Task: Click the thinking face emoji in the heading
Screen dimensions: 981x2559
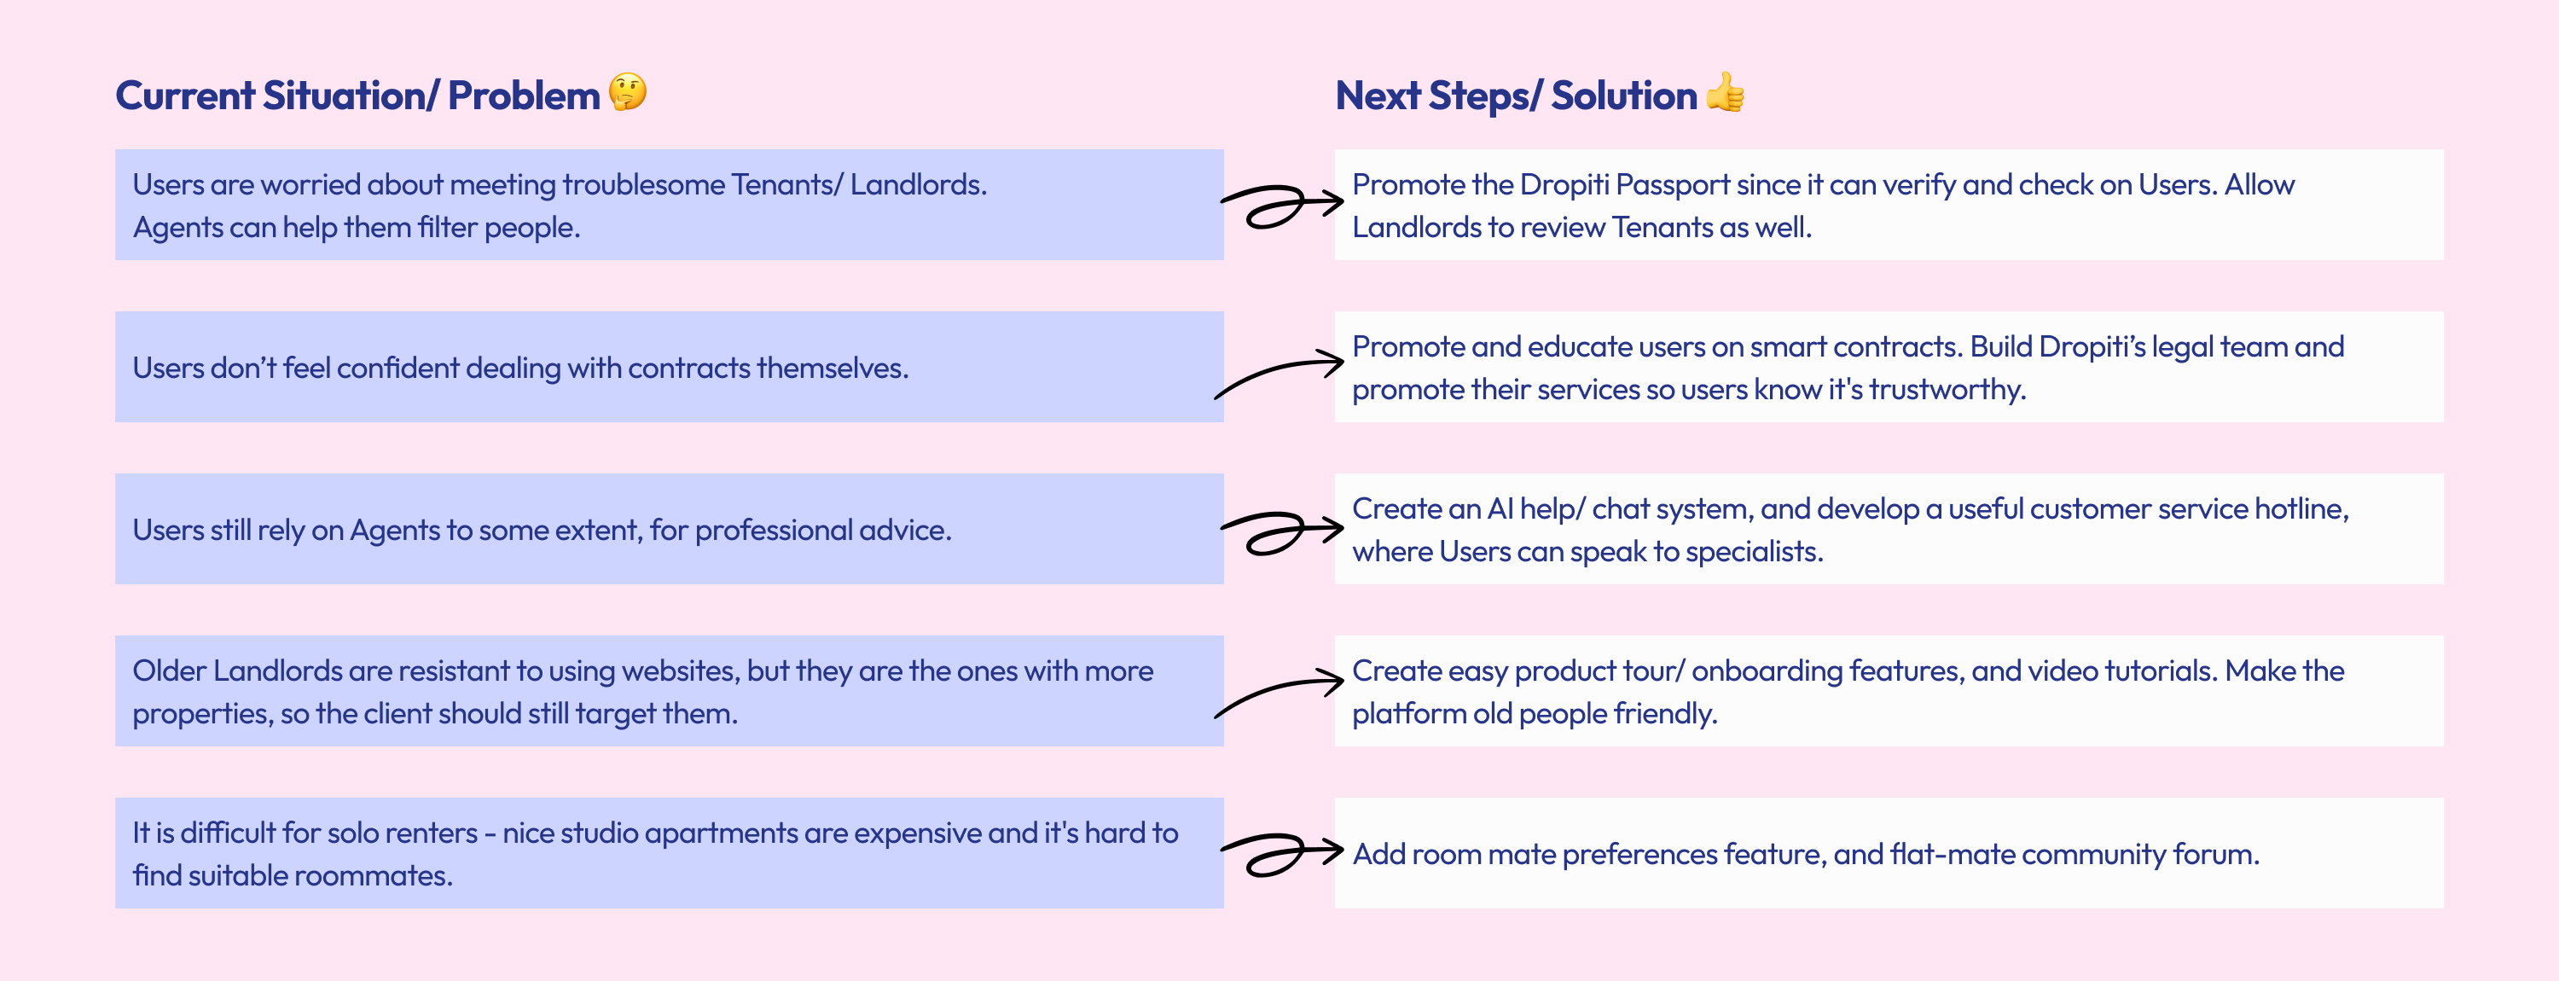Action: pyautogui.click(x=627, y=92)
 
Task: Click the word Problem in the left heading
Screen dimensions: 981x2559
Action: pyautogui.click(x=523, y=96)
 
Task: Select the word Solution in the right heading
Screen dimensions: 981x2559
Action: pyautogui.click(x=1623, y=96)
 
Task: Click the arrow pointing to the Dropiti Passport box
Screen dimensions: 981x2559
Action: pyautogui.click(x=1280, y=206)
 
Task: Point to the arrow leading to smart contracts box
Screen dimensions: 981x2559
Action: pyautogui.click(x=1280, y=374)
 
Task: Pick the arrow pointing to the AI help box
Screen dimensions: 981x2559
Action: pyautogui.click(x=1280, y=531)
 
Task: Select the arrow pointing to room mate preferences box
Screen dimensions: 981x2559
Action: pyautogui.click(x=1280, y=854)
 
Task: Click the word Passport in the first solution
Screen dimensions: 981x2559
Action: pyautogui.click(x=1673, y=186)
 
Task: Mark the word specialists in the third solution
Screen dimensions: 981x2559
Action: pyautogui.click(x=1762, y=553)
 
